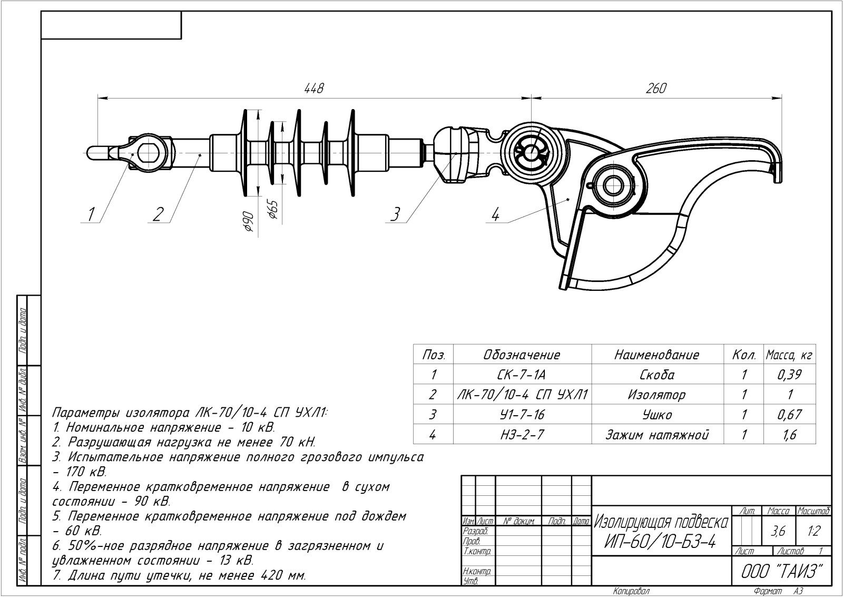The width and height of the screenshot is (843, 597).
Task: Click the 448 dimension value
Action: pyautogui.click(x=313, y=88)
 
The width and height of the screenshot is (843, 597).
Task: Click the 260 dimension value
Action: pyautogui.click(x=656, y=88)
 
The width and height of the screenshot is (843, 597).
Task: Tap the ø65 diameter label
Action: pyautogui.click(x=272, y=209)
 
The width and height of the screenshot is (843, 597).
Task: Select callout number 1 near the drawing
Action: pyautogui.click(x=91, y=214)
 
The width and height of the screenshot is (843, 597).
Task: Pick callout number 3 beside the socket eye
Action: pyautogui.click(x=395, y=214)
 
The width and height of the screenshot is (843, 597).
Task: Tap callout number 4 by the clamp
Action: pyautogui.click(x=495, y=214)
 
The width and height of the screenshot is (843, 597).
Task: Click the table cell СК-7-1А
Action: pyautogui.click(x=522, y=375)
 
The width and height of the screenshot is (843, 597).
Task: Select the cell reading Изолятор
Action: pyautogui.click(x=656, y=395)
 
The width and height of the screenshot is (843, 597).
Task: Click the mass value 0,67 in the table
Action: pyautogui.click(x=789, y=415)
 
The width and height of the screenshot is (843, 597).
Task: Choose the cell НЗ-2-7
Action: pyautogui.click(x=522, y=435)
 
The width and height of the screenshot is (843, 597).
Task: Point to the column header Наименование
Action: pyautogui.click(x=656, y=355)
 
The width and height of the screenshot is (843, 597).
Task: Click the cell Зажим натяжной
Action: pyautogui.click(x=656, y=435)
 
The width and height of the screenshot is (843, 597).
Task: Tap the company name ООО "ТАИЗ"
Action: pyautogui.click(x=782, y=571)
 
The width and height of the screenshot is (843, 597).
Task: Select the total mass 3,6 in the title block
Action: pyautogui.click(x=778, y=532)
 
